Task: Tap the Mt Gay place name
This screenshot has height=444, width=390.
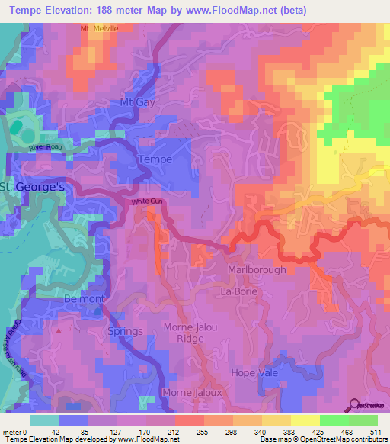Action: tap(137, 101)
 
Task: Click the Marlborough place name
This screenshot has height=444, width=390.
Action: tap(257, 270)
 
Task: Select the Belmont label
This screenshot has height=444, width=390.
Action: tap(84, 298)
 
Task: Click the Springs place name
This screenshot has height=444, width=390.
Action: tap(124, 331)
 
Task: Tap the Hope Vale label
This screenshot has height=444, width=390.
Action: tap(255, 372)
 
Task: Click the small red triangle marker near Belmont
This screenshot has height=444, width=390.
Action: tap(58, 332)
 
